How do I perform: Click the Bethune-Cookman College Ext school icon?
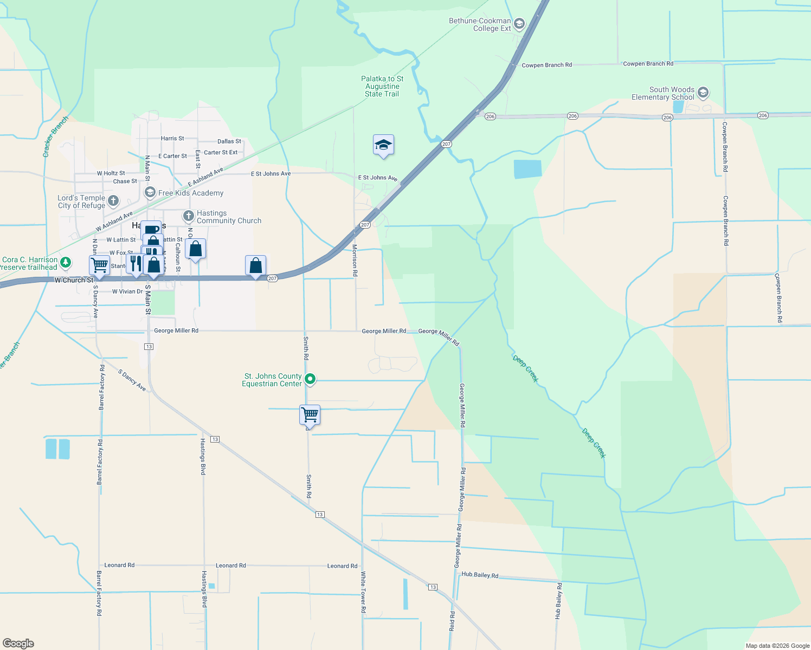519,23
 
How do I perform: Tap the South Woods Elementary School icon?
703,93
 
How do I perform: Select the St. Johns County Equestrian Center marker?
310,379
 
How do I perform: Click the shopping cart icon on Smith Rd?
310,415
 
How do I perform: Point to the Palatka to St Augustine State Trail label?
382,86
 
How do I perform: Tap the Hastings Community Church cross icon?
188,216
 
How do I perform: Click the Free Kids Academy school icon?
150,192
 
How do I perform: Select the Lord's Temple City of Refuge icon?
113,201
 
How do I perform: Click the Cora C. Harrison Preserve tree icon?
66,263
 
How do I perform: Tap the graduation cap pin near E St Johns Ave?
383,145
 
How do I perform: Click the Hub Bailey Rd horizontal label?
480,575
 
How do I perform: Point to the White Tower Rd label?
363,592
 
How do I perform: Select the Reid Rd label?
452,621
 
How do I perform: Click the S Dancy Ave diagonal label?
132,380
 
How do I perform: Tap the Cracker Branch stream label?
55,136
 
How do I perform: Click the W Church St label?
74,280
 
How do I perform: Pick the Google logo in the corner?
18,643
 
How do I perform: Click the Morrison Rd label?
355,261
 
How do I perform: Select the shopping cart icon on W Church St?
99,265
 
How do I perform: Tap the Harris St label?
172,139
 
